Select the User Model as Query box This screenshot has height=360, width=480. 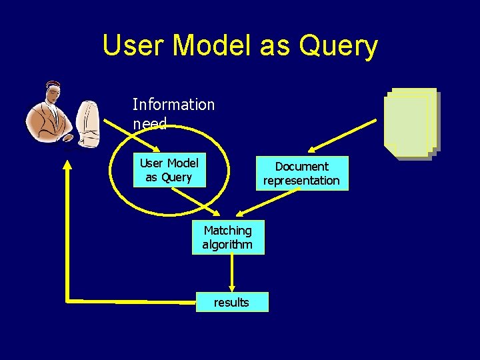169,171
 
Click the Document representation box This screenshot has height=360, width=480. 302,173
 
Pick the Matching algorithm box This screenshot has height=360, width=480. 228,237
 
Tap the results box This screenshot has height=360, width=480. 232,303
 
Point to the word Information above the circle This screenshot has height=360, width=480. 173,105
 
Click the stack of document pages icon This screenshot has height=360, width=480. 410,123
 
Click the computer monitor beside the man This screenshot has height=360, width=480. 88,123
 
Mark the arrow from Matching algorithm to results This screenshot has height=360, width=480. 231,273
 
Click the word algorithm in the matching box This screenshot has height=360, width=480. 228,245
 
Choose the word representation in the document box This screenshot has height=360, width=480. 302,181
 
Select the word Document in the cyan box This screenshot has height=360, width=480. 302,166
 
